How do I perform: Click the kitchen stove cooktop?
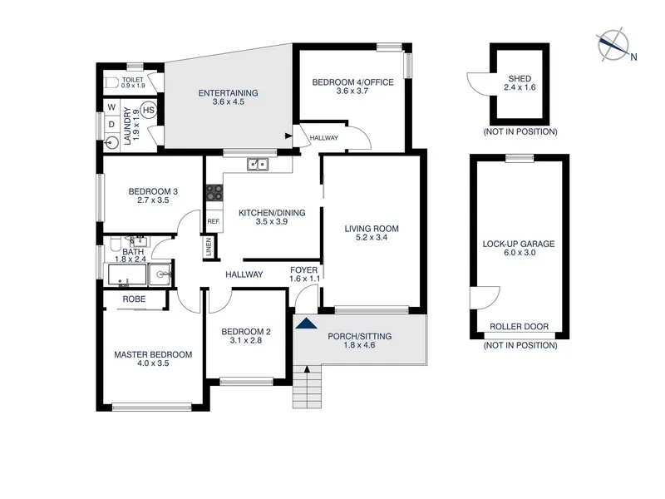[214, 192]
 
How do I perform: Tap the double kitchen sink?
[258, 164]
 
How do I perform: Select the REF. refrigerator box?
[214, 221]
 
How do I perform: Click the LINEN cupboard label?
[209, 247]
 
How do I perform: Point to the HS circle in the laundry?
[149, 111]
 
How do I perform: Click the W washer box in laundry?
[112, 107]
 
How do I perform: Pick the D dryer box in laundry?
[112, 124]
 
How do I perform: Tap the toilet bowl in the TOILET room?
[111, 82]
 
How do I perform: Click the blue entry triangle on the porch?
[306, 324]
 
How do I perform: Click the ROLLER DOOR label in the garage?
[519, 326]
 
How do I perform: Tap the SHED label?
[520, 78]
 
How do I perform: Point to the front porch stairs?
[307, 386]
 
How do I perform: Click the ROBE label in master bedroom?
[134, 299]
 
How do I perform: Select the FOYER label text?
[303, 269]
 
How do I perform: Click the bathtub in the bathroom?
[127, 274]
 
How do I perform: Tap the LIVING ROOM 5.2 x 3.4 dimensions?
[372, 237]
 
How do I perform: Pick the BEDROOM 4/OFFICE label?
[352, 82]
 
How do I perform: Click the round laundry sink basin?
[112, 142]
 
